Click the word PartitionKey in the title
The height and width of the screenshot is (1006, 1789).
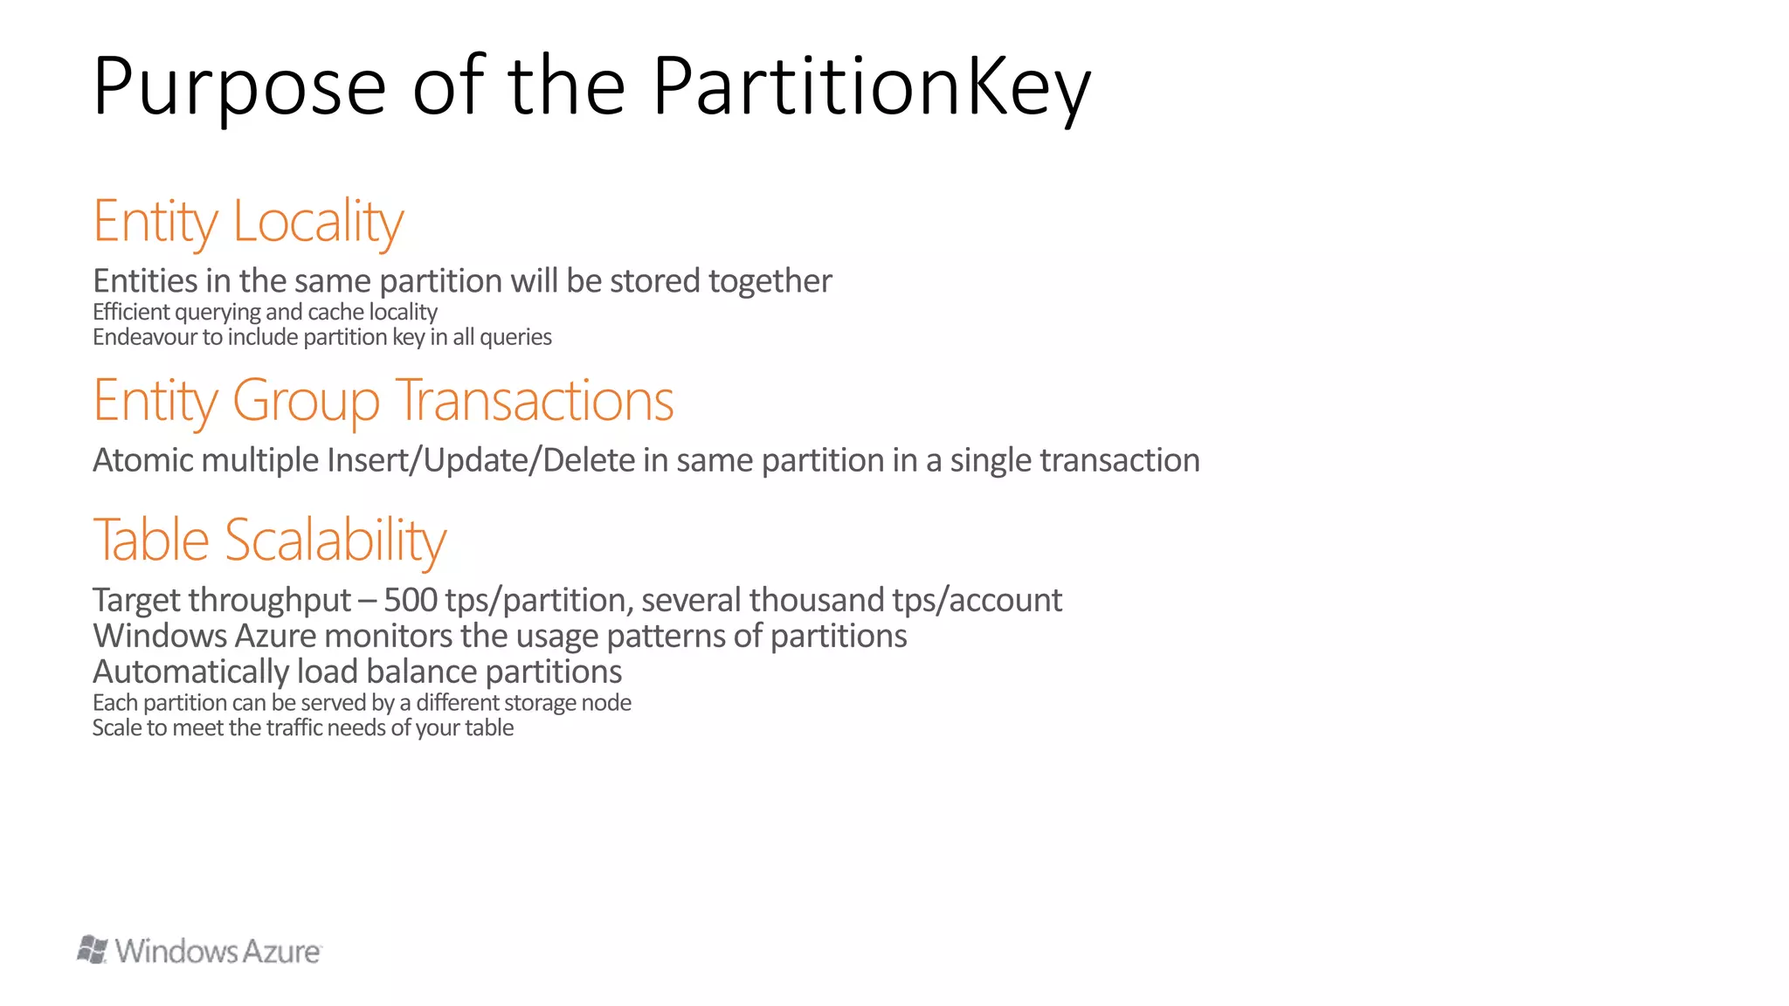[x=871, y=87]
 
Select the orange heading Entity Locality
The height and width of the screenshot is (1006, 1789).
[x=248, y=221]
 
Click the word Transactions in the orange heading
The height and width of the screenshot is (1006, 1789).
[x=535, y=401]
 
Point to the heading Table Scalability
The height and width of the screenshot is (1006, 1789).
[x=269, y=540]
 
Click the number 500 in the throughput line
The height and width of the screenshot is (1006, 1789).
[x=411, y=600]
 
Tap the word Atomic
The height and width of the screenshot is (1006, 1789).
[x=143, y=460]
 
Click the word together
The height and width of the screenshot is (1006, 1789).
[x=770, y=281]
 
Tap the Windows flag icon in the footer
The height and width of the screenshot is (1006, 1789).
[x=93, y=949]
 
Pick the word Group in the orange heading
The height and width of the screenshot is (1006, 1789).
[x=306, y=401]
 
